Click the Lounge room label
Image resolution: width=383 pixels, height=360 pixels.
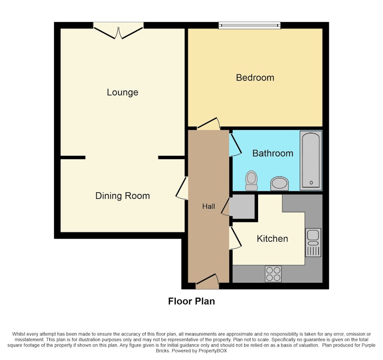123,93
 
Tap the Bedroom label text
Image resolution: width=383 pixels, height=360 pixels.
255,78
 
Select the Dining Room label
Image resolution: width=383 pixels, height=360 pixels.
123,196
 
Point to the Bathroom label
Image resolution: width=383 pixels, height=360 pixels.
272,153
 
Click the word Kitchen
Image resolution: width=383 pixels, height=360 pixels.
272,239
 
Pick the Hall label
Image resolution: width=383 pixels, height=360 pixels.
209,207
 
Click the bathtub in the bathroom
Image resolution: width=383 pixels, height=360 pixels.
311,161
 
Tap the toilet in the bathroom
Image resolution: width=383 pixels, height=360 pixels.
251,181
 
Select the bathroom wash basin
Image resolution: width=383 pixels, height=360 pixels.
280,184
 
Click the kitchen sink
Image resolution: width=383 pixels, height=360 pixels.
313,243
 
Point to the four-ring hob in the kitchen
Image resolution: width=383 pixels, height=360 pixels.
273,274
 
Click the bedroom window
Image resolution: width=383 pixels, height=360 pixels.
249,25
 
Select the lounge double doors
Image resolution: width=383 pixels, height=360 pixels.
118,31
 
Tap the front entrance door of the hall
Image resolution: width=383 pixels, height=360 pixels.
207,281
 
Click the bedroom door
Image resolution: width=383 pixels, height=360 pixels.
208,124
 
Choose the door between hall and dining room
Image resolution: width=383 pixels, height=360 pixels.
182,188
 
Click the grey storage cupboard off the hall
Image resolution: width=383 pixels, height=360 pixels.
242,207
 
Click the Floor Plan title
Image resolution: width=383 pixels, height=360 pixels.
191,302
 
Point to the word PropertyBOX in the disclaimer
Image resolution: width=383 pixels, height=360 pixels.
213,351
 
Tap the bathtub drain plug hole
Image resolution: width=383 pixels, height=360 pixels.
311,183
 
